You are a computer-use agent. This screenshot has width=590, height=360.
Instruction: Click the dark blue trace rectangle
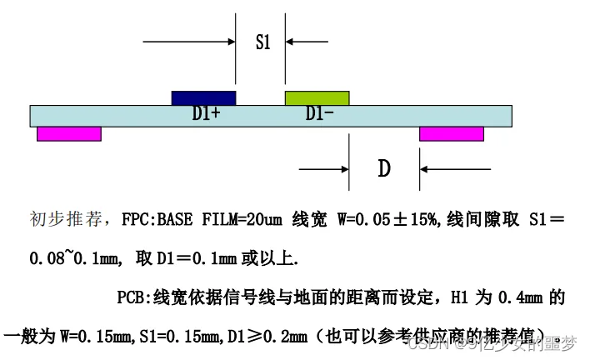203,97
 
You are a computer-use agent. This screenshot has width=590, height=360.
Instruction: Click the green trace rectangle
317,97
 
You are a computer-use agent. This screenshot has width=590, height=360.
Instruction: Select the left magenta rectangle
69,133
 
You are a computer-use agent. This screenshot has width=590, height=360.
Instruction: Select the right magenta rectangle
451,133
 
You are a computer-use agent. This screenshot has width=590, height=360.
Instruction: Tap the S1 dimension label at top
262,42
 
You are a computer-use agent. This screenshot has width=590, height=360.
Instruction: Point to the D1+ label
206,115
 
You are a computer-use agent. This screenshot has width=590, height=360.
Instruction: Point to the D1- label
320,115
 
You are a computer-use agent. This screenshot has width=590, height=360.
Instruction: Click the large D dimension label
383,169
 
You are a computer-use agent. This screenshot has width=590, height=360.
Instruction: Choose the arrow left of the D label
325,169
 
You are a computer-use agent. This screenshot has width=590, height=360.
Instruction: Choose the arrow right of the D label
446,169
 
